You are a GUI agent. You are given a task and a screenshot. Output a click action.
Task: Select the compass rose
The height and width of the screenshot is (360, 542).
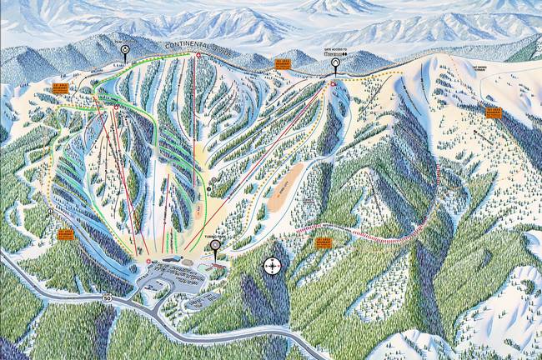(x=273, y=266)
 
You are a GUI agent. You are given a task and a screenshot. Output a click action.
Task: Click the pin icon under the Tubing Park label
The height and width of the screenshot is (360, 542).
(x=215, y=246)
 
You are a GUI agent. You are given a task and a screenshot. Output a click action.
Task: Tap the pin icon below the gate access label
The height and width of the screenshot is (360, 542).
(x=335, y=62)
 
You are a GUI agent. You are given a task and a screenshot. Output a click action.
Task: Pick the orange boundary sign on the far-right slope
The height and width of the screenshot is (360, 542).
(x=494, y=112)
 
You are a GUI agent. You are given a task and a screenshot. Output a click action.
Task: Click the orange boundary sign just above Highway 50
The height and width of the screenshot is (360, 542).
(x=65, y=235)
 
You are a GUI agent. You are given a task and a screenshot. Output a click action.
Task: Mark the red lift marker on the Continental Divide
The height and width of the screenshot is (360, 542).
(x=198, y=55)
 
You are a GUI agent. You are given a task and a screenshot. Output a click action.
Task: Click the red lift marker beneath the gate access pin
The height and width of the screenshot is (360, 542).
(x=332, y=84)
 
